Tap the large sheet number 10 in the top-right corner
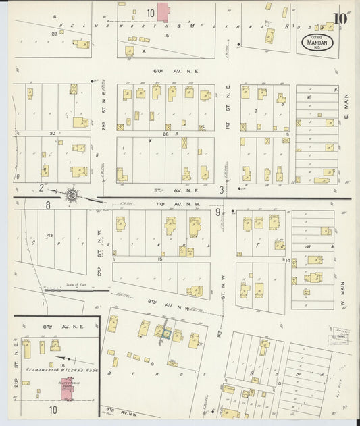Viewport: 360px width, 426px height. click(340, 18)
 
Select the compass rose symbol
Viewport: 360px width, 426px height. click(71, 196)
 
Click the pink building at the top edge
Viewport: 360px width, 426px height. click(164, 12)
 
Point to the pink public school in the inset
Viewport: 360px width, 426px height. click(67, 388)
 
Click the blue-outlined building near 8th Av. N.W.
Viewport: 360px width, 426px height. click(162, 332)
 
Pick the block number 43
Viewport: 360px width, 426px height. click(50, 235)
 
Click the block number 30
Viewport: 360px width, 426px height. click(51, 133)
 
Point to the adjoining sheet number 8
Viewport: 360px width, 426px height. click(48, 205)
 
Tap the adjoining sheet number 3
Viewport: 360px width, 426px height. click(221, 190)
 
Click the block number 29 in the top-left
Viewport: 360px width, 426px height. click(53, 33)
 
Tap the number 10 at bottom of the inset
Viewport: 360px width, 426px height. click(52, 409)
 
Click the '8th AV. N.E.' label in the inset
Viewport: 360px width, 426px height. click(54, 327)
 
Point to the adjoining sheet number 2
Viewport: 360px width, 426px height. click(41, 188)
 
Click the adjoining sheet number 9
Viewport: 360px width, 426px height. click(217, 213)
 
